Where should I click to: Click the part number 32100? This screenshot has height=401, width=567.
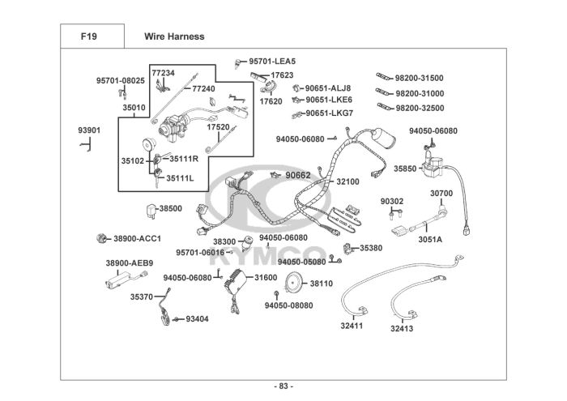(x=347, y=181)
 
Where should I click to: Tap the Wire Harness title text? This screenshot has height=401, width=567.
(x=174, y=36)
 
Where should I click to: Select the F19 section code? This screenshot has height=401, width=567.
(x=90, y=36)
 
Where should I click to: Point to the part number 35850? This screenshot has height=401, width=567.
(x=406, y=169)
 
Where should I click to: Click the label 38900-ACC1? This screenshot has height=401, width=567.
(x=137, y=238)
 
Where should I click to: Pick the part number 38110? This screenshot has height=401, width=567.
(x=321, y=284)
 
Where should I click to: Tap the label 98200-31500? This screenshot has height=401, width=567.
(x=419, y=78)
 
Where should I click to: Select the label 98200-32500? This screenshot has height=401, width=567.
(x=419, y=108)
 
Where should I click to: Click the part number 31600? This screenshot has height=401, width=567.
(x=266, y=277)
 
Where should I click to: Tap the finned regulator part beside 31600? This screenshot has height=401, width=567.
(x=235, y=280)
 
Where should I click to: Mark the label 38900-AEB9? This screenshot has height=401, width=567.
(x=129, y=262)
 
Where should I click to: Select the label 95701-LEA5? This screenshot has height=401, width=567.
(x=272, y=61)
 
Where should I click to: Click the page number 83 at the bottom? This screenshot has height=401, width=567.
(x=284, y=385)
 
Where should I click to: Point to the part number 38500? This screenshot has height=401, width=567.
(x=170, y=208)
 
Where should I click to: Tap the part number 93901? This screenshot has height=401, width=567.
(x=89, y=130)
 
